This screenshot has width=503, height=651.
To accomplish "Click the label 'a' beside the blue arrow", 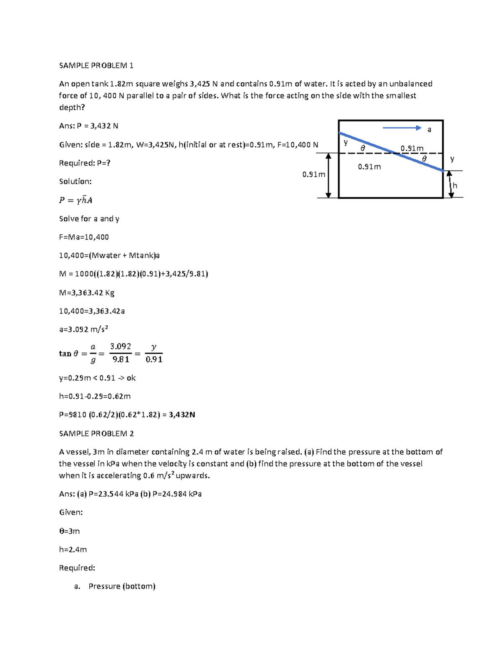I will click(429, 130).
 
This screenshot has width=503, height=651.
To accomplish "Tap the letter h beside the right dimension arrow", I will click(455, 186).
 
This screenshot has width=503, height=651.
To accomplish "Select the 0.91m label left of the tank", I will click(314, 174).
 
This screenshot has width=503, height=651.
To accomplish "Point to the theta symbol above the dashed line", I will click(363, 148).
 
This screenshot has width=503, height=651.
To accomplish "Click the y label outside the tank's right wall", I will click(452, 158).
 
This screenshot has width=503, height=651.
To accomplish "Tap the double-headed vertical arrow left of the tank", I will click(329, 175).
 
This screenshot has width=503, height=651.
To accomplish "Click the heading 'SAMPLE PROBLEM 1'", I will click(96, 65).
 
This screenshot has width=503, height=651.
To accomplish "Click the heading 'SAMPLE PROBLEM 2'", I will click(96, 433).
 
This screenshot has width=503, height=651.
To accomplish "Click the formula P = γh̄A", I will click(75, 200).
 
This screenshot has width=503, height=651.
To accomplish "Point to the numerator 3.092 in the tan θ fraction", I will click(120, 346).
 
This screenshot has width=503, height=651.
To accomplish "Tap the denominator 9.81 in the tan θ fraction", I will click(121, 359).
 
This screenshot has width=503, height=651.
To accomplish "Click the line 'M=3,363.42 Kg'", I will click(87, 293).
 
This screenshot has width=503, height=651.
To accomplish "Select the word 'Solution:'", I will click(75, 182).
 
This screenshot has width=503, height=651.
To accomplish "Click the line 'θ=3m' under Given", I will click(69, 531).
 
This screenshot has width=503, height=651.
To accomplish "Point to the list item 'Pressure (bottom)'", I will click(122, 586).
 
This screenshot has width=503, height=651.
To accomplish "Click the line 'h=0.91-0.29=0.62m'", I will click(95, 396).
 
